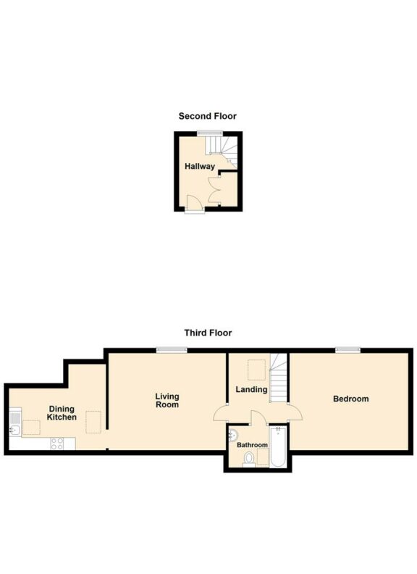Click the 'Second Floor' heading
click(x=208, y=116)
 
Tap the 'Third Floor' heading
click(x=208, y=333)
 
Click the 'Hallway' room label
click(x=199, y=167)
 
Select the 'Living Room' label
click(x=167, y=401)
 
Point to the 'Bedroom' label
click(x=350, y=399)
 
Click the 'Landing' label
click(x=251, y=390)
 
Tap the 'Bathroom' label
click(x=253, y=445)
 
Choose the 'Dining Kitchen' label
click(x=62, y=413)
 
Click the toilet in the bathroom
click(x=249, y=458)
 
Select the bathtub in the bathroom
click(x=279, y=446)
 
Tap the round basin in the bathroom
click(x=232, y=435)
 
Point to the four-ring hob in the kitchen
click(x=56, y=444)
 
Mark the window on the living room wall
click(x=172, y=350)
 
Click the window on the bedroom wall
click(x=347, y=350)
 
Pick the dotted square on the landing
click(x=255, y=370)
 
